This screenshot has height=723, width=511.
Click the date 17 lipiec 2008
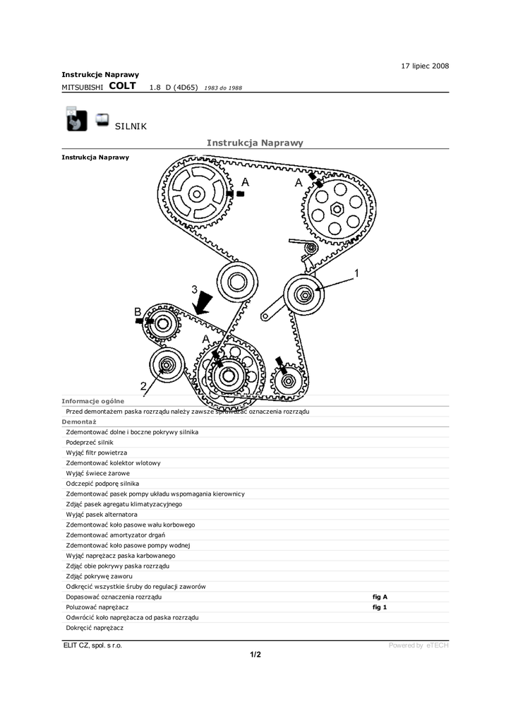coord(425,66)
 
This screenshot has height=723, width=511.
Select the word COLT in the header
coord(123,86)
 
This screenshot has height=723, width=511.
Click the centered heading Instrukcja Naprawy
coord(255,143)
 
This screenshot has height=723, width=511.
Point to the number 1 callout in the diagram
coord(357,273)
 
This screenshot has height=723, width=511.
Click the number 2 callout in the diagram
coord(143,386)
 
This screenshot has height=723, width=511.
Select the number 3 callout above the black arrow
coord(194,289)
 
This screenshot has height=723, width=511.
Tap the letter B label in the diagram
coord(138,311)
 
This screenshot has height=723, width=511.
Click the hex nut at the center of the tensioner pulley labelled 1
coord(303,294)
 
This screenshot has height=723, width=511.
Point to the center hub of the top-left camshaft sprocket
coord(196,192)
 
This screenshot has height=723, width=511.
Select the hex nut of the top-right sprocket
coord(337,208)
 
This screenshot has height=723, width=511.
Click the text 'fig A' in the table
coord(380,597)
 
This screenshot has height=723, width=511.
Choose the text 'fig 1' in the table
coord(380,607)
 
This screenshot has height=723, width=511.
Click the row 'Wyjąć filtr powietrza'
coord(97,452)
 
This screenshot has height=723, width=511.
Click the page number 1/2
coord(255,655)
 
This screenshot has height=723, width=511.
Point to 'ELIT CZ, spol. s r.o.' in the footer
coord(92,645)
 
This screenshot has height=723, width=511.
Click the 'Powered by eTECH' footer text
coord(419,645)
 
